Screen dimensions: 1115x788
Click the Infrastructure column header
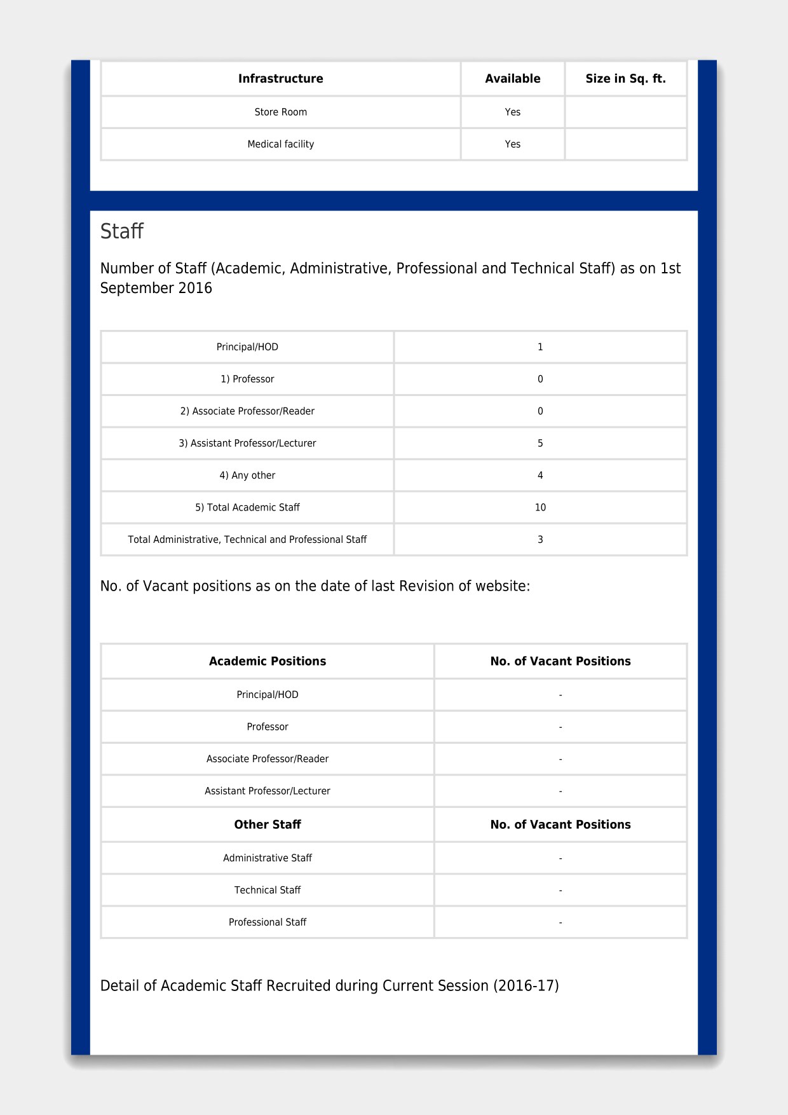(x=280, y=79)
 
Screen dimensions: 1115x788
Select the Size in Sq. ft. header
(x=625, y=79)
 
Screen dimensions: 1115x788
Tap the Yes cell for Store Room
(x=512, y=112)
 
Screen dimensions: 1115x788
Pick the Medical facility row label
(x=280, y=144)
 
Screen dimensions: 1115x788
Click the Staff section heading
(x=122, y=231)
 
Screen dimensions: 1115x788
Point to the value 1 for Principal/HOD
(x=540, y=347)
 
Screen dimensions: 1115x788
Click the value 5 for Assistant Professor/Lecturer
(x=540, y=443)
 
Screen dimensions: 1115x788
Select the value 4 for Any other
(x=540, y=475)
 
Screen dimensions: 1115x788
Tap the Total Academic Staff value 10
(x=540, y=507)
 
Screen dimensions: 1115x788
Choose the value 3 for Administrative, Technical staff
(x=540, y=540)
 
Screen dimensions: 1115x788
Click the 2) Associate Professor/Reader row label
(x=247, y=411)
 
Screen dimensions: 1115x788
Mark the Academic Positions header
(x=268, y=661)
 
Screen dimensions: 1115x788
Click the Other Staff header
(x=268, y=824)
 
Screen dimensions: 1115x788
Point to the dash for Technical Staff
(x=560, y=891)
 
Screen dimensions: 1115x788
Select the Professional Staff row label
(x=268, y=922)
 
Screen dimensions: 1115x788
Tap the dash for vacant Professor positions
(x=560, y=727)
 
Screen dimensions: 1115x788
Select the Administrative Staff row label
(x=268, y=858)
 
